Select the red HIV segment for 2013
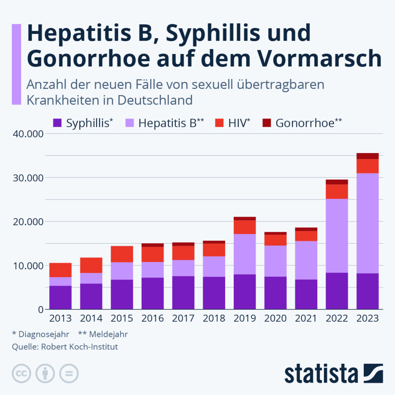[x=60, y=270]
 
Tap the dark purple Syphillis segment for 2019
[x=244, y=291]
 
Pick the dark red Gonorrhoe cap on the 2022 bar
[x=337, y=182]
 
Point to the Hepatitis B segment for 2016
[x=152, y=270]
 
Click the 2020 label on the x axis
[x=275, y=318]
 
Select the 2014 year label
[x=91, y=318]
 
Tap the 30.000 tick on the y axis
[x=27, y=178]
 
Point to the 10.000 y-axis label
[x=27, y=265]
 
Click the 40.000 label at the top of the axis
[x=27, y=134]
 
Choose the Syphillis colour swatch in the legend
[x=57, y=123]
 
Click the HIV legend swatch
[x=219, y=123]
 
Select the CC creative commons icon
[x=22, y=374]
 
